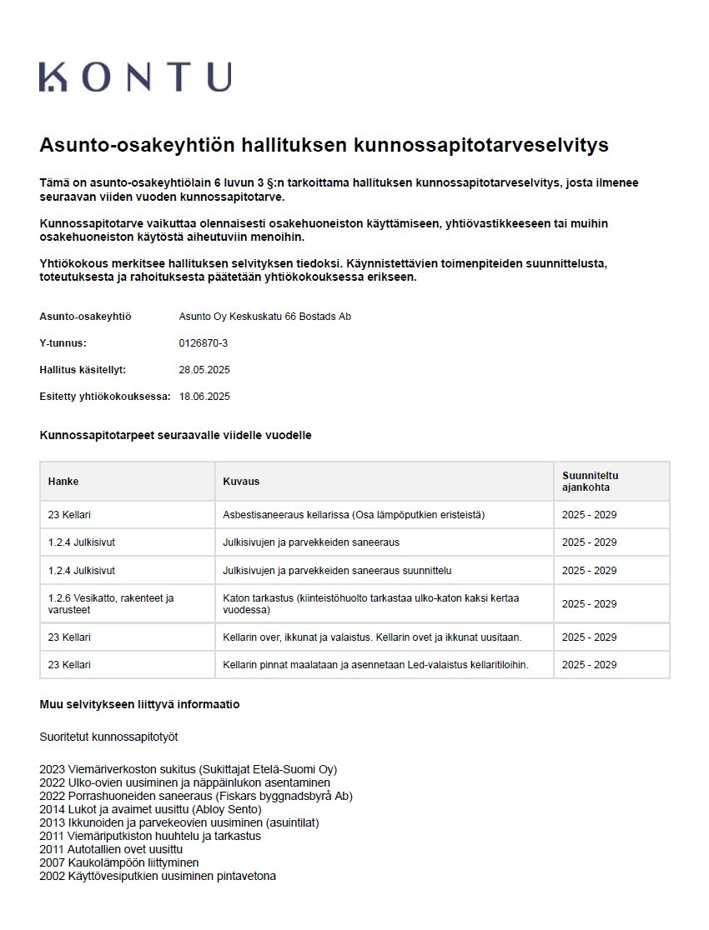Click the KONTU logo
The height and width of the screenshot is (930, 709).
[x=135, y=77]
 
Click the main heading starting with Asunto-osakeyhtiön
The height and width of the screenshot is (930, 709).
[x=324, y=145]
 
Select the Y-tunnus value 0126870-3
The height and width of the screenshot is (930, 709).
[x=204, y=343]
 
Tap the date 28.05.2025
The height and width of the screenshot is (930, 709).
[x=204, y=370]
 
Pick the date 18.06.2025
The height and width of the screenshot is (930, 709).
[x=204, y=397]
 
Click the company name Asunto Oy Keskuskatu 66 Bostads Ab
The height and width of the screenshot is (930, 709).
[x=264, y=317]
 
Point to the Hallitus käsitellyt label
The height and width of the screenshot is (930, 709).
[x=83, y=370]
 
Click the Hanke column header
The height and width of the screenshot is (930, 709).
[x=63, y=482]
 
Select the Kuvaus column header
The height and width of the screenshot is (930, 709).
[x=241, y=482]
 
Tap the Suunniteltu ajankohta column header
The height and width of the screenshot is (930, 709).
[x=591, y=482]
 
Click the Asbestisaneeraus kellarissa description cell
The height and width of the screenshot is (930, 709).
[x=354, y=515]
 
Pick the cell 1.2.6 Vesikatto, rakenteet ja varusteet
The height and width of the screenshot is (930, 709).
[x=110, y=604]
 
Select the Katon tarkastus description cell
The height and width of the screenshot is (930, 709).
[x=370, y=604]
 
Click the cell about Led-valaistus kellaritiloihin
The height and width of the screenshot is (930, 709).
[x=375, y=665]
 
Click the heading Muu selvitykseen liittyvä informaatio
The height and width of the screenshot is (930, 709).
[x=139, y=704]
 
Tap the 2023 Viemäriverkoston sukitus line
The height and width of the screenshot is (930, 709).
[x=188, y=769]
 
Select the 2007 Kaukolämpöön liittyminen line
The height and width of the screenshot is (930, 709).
[x=118, y=862]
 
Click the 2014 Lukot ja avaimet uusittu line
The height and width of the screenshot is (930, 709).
[x=150, y=809]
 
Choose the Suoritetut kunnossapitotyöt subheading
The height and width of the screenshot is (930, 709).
[x=108, y=737]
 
